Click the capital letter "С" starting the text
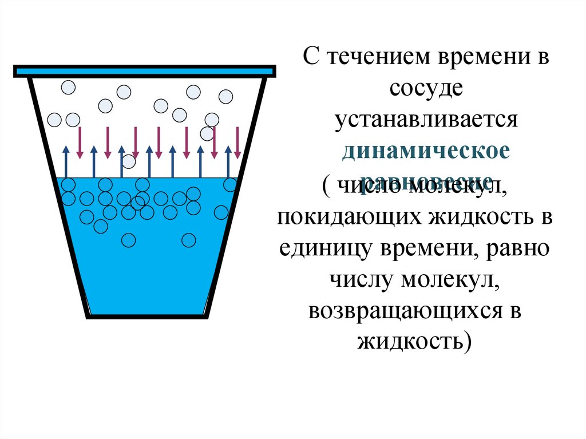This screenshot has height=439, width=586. pyautogui.click(x=310, y=59)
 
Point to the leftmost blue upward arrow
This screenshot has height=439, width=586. pyautogui.click(x=66, y=161)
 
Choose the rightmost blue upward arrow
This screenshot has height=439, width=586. pyautogui.click(x=228, y=161)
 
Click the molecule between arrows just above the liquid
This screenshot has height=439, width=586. pyautogui.click(x=129, y=161)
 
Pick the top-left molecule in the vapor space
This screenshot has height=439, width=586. pyautogui.click(x=69, y=88)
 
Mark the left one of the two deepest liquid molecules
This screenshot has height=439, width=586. pyautogui.click(x=129, y=240)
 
